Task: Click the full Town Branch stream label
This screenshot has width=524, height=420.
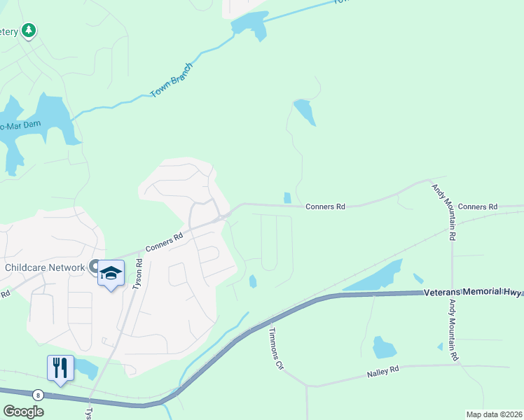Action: coord(170,83)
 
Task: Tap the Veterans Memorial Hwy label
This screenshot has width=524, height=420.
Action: coord(473,291)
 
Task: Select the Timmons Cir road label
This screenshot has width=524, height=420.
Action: coord(275,350)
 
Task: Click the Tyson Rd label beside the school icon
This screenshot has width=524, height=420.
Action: coord(138,274)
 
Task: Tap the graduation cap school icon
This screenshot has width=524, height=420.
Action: coord(111,272)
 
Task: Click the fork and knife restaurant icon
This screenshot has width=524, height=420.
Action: coord(60,367)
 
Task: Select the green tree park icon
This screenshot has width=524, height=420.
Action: coord(29,31)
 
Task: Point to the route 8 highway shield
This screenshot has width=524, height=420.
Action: coord(38,395)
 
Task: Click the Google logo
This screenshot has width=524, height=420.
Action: coord(23,411)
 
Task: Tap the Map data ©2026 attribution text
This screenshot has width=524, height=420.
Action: coord(493,414)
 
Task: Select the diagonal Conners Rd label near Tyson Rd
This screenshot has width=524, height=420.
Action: coord(165,240)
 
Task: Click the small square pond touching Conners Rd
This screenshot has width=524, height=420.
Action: coord(287,198)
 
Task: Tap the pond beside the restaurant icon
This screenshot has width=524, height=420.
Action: coord(85,367)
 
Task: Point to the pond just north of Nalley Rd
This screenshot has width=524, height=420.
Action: coord(384,347)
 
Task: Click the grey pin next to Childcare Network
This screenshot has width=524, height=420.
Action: coord(94,267)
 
